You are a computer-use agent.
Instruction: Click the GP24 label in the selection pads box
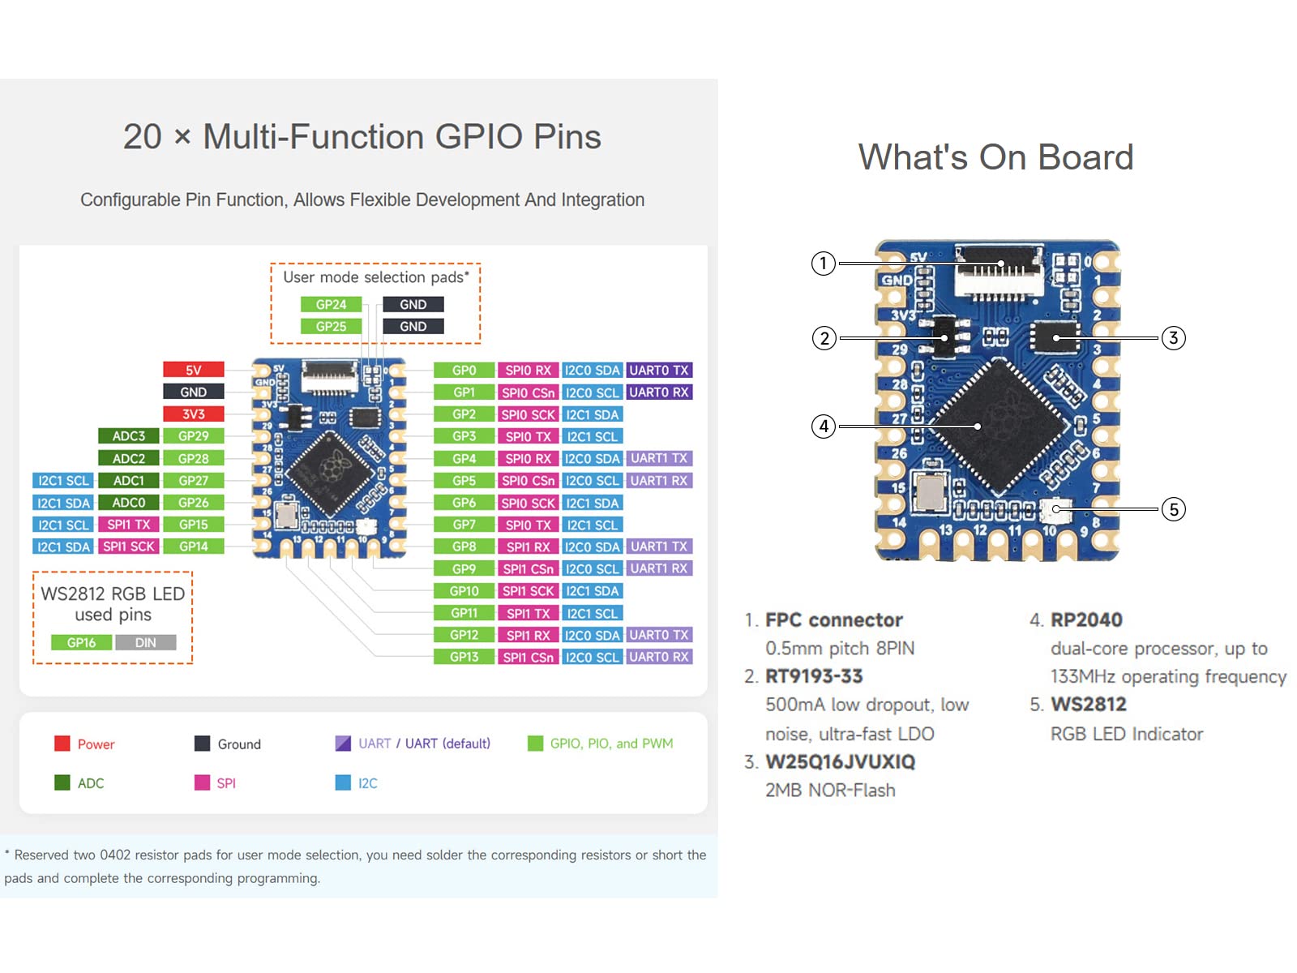point(331,304)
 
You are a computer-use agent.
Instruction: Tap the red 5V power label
point(193,370)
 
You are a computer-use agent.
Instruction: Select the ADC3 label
point(129,436)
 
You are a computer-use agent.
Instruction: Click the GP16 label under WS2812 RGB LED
point(81,642)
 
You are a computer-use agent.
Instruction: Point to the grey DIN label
point(146,642)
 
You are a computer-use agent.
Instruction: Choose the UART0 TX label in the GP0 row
point(659,370)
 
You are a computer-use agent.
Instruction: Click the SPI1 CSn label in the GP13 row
point(528,657)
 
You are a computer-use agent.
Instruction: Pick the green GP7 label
point(464,525)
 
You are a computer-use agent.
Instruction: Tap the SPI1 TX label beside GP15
point(129,525)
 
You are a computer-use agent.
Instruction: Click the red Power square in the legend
point(62,744)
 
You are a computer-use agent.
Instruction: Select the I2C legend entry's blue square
point(343,782)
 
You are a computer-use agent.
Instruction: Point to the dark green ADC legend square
point(62,782)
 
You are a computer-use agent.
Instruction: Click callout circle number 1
point(824,263)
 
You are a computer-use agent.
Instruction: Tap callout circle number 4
point(824,426)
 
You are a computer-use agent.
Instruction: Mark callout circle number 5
point(1174,509)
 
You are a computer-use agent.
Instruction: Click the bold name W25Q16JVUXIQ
point(840,761)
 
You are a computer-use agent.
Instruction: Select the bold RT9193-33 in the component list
point(814,676)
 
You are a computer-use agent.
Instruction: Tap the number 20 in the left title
point(143,136)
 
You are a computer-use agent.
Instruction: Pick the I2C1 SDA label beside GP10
point(593,591)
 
